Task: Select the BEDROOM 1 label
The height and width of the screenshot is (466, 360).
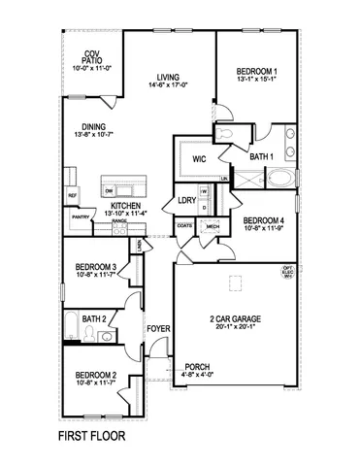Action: click(x=256, y=72)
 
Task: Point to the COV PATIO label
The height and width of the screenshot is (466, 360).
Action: click(x=92, y=56)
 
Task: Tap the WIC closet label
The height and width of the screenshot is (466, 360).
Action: click(x=200, y=157)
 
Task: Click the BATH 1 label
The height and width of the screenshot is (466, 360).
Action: click(x=261, y=156)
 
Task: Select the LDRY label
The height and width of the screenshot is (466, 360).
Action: click(x=186, y=201)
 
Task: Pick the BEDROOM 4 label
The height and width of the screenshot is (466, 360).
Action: click(x=263, y=220)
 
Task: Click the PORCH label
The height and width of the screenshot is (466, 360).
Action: click(x=197, y=367)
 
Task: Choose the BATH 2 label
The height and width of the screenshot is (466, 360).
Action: click(x=94, y=317)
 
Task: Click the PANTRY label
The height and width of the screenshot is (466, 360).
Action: click(x=80, y=217)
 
